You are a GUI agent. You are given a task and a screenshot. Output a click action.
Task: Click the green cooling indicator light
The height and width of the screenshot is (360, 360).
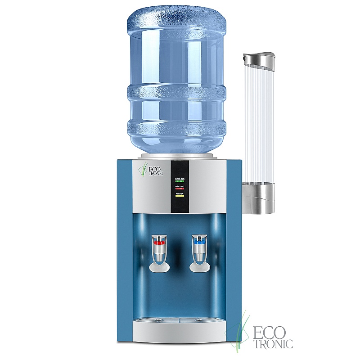coord(180,181)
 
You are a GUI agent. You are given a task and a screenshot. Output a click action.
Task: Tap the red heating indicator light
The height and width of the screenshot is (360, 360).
coord(180,189)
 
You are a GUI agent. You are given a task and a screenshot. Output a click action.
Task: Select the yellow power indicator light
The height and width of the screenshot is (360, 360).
coord(180,196)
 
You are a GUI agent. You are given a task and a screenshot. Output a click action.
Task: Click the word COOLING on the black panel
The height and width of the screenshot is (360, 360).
coord(180,179)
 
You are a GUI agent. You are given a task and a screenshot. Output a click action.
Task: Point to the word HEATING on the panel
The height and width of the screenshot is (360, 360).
coord(180,186)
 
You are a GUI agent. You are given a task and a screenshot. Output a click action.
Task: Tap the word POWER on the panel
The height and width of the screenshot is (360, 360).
coord(180,193)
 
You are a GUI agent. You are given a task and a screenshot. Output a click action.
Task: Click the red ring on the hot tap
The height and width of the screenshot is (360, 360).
coord(159,243)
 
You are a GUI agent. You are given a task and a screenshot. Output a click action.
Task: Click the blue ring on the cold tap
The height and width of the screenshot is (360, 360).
coord(199,243)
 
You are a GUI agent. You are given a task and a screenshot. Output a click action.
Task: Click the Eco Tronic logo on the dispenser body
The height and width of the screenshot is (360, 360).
coord(151,170)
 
